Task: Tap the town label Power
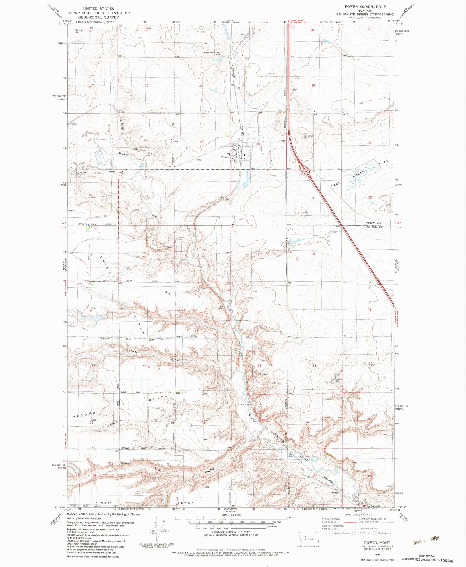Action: [x=225, y=157]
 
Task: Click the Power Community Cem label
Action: [x=212, y=54]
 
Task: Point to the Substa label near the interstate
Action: [x=282, y=141]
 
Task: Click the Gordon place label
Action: [x=334, y=493]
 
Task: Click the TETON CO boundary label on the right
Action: [x=373, y=223]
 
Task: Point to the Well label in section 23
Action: [x=206, y=440]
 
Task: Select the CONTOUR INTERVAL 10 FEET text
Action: [x=231, y=532]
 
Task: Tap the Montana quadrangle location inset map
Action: [x=308, y=539]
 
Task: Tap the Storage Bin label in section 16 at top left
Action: [x=79, y=31]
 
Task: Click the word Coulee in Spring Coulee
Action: [x=175, y=360]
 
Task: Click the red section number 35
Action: [x=202, y=197]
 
